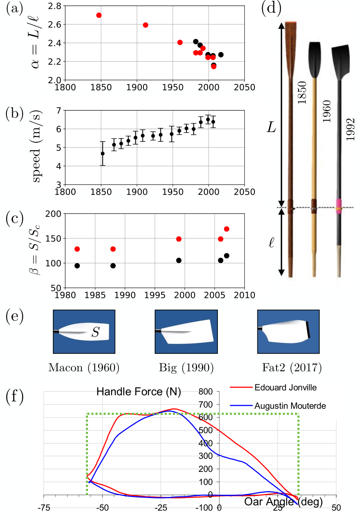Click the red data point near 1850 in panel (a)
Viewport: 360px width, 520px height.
99,15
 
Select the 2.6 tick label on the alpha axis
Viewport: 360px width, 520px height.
54,24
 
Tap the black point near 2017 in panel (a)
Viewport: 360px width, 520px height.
221,55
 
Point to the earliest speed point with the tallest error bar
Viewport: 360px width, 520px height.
103,154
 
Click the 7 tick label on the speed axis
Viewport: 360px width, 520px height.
58,110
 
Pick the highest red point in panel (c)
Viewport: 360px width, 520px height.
226,229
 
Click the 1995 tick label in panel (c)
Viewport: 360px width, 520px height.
155,295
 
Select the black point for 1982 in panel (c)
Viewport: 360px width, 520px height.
77,266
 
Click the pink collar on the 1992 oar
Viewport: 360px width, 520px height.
339,203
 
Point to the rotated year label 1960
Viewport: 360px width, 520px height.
326,111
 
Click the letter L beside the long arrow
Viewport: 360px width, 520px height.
271,128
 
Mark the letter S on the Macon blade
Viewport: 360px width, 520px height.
95,332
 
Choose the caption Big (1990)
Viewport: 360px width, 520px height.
186,368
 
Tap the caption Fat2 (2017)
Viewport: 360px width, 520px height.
292,368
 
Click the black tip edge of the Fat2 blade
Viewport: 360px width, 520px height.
308,330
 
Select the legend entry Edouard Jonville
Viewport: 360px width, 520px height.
285,388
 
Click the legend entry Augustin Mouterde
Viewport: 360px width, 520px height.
290,405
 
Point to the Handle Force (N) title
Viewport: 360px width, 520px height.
139,392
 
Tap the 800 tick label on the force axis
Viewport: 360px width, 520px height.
206,392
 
